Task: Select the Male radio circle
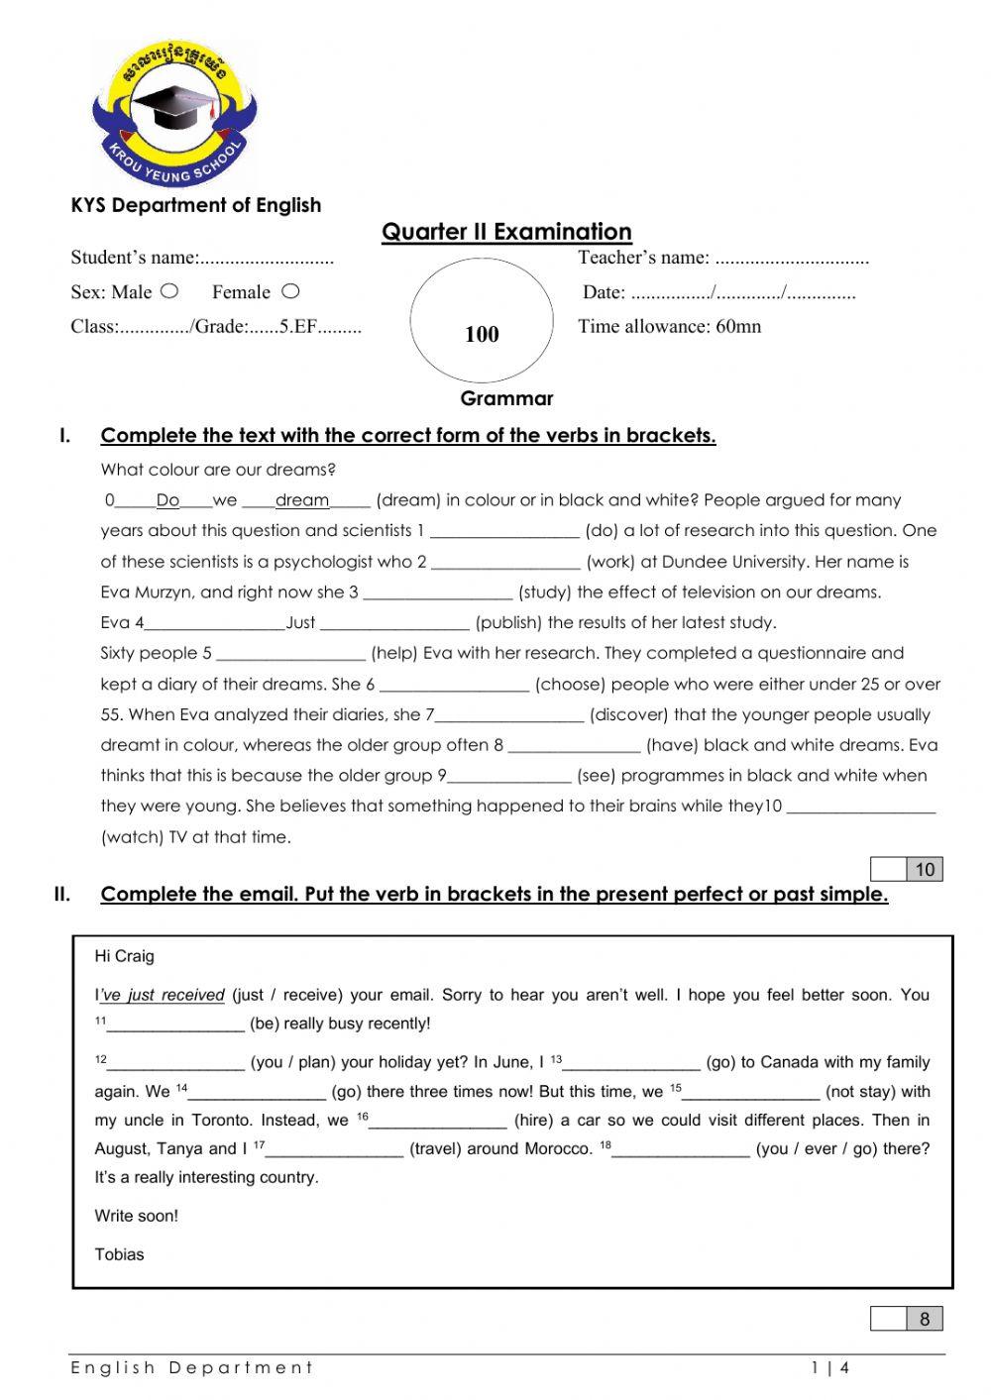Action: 169,291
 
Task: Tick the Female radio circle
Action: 289,291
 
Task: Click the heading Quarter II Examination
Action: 506,232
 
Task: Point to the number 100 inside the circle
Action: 482,334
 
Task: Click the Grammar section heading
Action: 506,398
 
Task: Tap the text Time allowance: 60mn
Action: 670,326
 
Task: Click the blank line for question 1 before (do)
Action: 504,532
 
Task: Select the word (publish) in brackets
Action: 508,622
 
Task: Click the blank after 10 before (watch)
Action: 860,808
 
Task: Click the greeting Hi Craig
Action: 124,956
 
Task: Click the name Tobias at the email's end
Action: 119,1254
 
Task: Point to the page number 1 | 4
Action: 829,1368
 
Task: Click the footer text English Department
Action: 191,1368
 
